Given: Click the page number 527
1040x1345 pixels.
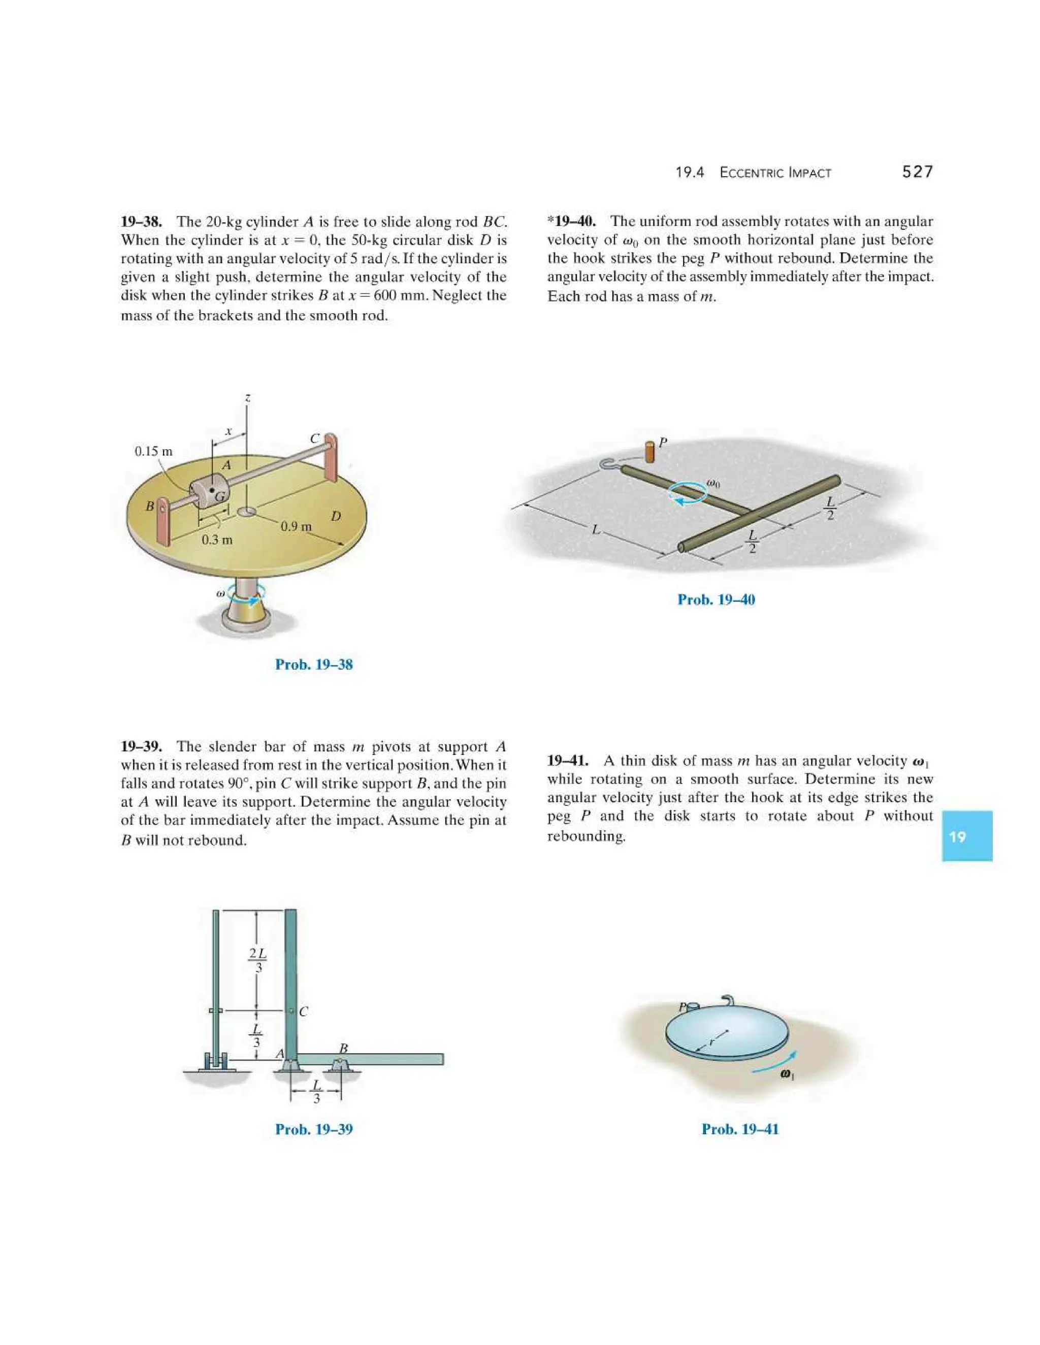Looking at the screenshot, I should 917,172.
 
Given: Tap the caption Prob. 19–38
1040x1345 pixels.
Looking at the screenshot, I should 314,664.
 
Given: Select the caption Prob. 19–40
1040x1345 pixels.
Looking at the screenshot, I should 716,600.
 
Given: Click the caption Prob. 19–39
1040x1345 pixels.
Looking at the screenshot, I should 314,1129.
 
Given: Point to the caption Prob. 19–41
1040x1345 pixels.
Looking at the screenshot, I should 740,1129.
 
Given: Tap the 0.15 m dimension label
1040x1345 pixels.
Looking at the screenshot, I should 153,451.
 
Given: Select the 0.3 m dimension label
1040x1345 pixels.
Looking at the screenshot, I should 217,540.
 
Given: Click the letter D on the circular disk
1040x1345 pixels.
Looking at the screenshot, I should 335,516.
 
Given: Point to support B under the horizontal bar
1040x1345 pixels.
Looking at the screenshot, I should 339,1064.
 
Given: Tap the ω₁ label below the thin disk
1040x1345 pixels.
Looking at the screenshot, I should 787,1074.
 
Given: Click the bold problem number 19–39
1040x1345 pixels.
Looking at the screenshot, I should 141,747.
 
